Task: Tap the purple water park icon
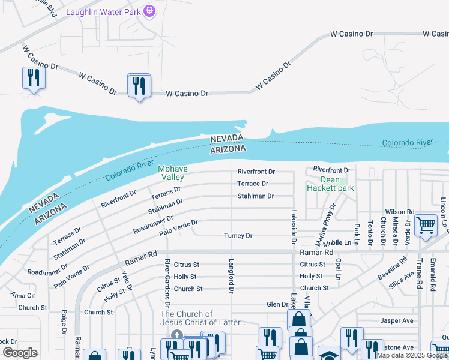point(150,11)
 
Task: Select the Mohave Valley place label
point(173,173)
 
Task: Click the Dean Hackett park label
point(330,184)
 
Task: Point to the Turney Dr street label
point(238,236)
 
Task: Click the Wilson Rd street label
point(400,212)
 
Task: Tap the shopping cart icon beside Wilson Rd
point(426,226)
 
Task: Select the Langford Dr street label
point(230,277)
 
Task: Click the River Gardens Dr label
point(168,280)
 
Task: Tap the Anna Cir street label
point(22,295)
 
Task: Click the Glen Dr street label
point(277,304)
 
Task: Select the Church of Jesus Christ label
point(203,318)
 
